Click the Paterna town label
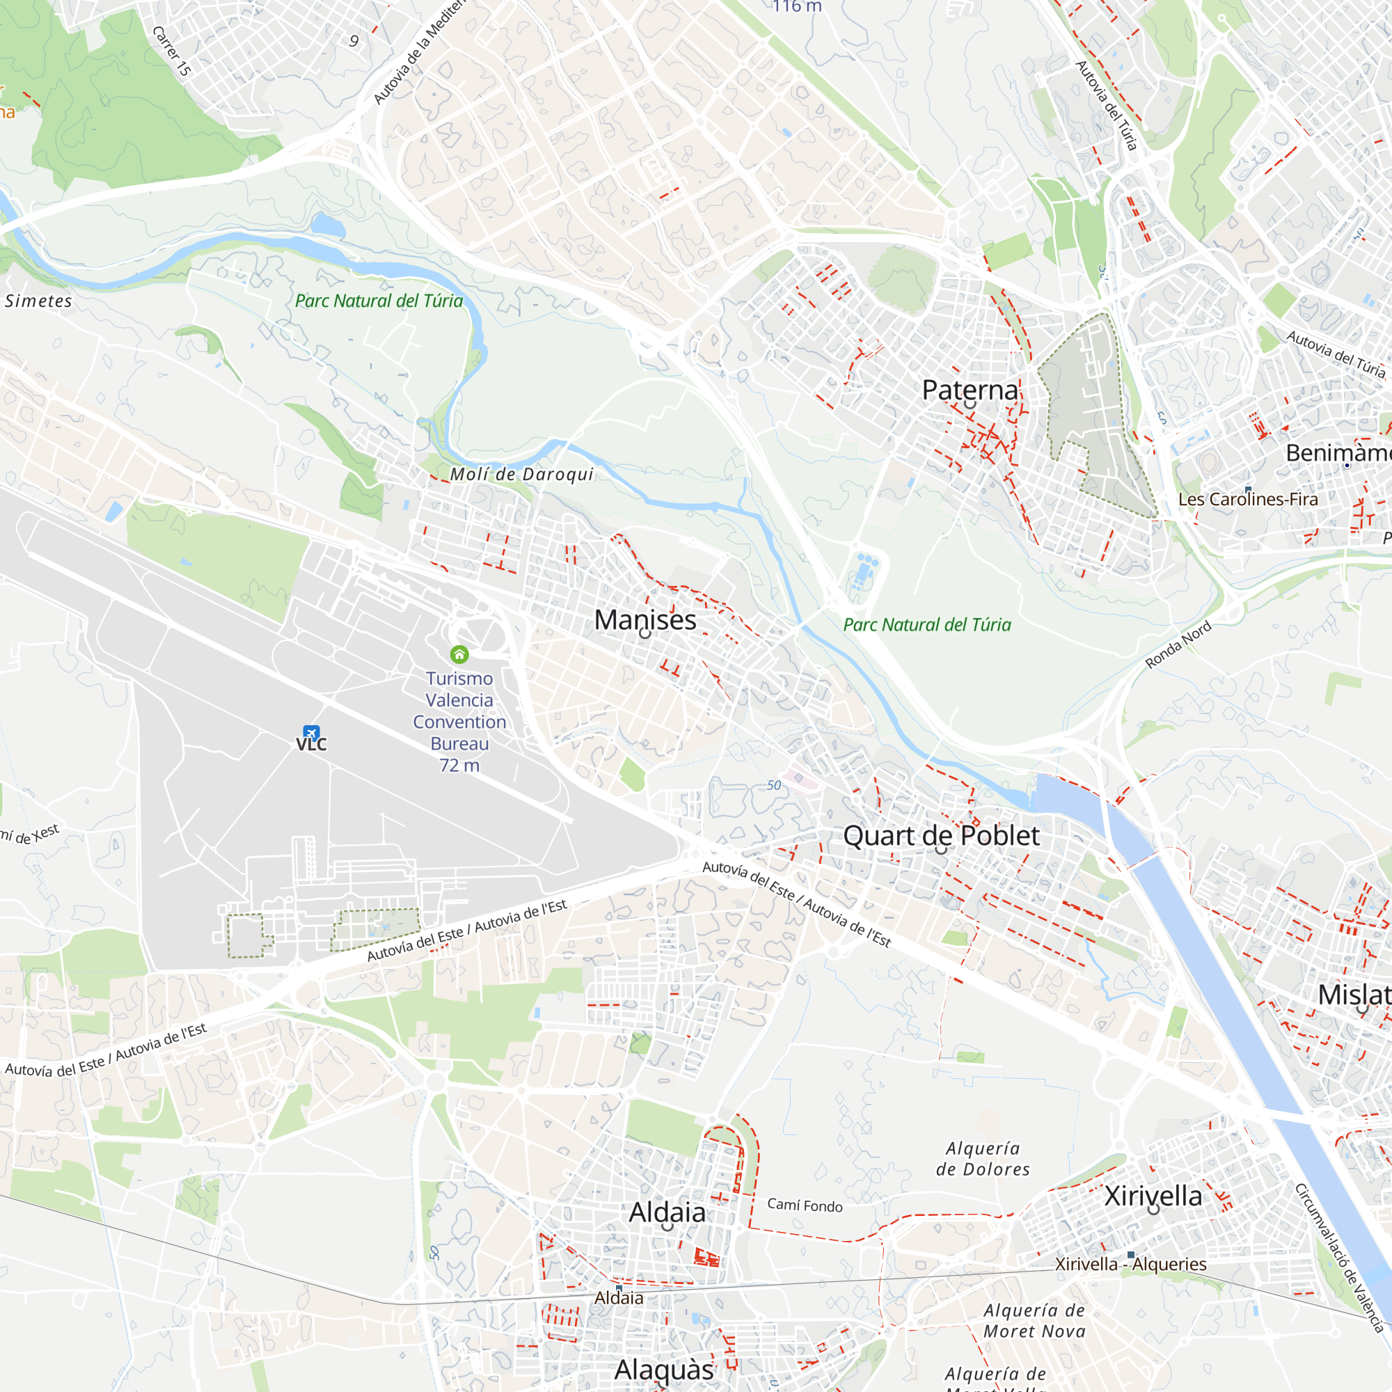tap(970, 390)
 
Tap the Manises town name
tap(645, 619)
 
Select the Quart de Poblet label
tap(941, 836)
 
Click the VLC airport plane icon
tap(310, 733)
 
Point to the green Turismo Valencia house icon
tap(459, 654)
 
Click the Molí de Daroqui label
tap(521, 474)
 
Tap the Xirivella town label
tap(1153, 1196)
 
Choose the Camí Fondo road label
tap(804, 1206)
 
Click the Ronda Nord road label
tap(1178, 645)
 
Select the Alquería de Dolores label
tap(983, 1159)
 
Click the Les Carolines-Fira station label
tap(1248, 499)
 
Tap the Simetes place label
tap(38, 301)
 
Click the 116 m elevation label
tap(797, 6)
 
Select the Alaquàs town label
tap(663, 1370)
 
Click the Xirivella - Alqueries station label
tap(1130, 1265)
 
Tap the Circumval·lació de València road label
tap(1338, 1258)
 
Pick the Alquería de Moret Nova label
tap(1034, 1321)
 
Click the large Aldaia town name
tap(667, 1212)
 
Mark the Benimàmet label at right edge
tap(1338, 453)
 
